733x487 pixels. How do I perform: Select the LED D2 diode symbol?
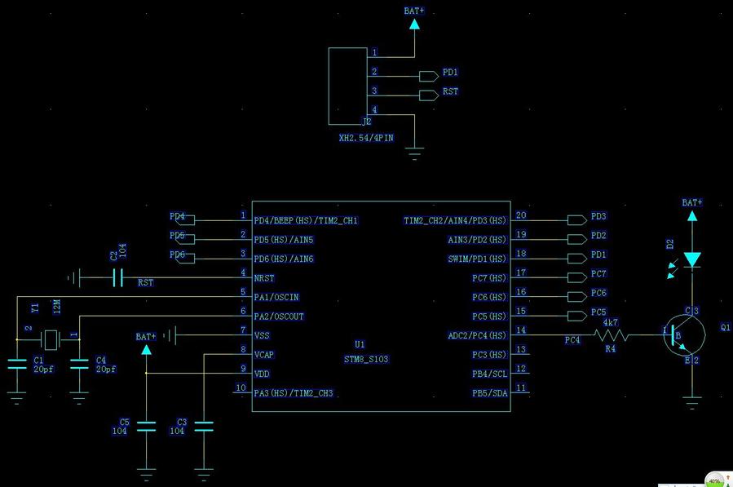(692, 259)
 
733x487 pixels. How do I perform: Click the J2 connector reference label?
(366, 122)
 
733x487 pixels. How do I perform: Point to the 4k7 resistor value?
(610, 322)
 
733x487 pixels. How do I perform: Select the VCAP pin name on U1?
(264, 355)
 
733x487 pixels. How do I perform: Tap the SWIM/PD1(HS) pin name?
(477, 259)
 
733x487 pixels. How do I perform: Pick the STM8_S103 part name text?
(366, 358)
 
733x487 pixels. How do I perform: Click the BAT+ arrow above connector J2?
(414, 24)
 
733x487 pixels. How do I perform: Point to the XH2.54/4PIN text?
(366, 138)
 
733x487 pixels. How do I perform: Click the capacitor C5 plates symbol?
(147, 425)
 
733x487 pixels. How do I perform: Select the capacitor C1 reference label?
(38, 360)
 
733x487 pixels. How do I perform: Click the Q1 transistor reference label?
(726, 327)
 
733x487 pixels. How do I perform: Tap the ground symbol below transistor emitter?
(692, 401)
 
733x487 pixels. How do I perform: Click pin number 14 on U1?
(521, 330)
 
